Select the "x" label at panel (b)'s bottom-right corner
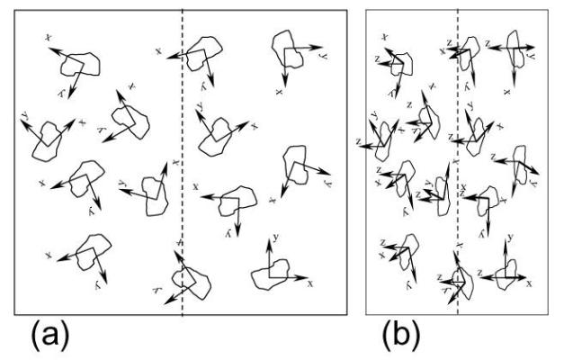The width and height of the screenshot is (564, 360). pyautogui.click(x=529, y=283)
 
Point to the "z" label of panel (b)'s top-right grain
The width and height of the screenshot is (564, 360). pyautogui.click(x=487, y=41)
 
